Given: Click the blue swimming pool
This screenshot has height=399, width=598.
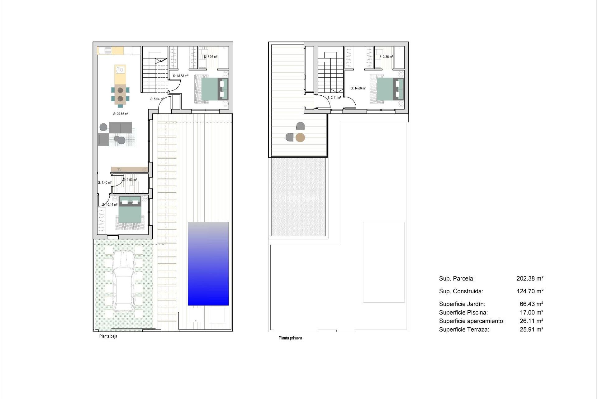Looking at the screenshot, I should [208, 264].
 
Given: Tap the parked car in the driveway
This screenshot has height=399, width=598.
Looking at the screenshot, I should [124, 281].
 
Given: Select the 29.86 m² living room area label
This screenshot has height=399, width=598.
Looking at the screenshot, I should [121, 114].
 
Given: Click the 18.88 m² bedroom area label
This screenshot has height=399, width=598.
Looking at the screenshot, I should [181, 76].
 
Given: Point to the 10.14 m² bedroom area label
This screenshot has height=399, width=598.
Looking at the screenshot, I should [110, 204].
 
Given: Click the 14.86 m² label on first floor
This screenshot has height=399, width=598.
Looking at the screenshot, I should [358, 88].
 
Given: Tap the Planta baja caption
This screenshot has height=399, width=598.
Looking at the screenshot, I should [108, 336].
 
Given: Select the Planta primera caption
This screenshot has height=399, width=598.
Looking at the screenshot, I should [290, 338].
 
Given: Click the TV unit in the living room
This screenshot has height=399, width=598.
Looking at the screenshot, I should [129, 169].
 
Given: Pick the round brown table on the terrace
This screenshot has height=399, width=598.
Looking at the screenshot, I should [300, 137].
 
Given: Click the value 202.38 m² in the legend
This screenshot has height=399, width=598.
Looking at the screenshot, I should [530, 278].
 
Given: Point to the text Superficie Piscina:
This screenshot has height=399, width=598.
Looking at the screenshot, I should [463, 312].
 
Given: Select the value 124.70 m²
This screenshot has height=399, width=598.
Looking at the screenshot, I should [530, 291].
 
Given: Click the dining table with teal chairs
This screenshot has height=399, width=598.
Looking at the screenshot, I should [120, 94].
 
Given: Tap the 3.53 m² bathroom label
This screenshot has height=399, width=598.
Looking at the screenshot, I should [130, 180].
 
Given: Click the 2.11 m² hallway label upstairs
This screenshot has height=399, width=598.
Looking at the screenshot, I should [334, 98].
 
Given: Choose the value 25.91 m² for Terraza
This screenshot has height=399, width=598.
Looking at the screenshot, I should [531, 329].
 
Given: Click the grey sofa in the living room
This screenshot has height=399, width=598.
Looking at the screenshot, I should [120, 127].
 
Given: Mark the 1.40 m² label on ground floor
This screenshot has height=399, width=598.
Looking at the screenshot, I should [105, 183].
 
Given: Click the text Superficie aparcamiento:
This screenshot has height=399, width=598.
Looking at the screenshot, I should [472, 321].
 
